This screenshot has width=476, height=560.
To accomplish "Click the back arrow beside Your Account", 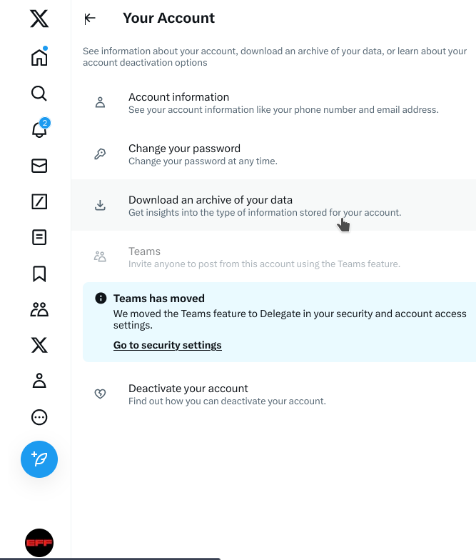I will (x=90, y=19).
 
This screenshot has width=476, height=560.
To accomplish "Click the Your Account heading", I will (x=168, y=19).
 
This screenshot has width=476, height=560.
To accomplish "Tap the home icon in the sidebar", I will (x=39, y=58).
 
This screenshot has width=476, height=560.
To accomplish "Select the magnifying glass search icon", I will (x=39, y=94).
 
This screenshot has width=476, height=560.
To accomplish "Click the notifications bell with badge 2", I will (x=39, y=130).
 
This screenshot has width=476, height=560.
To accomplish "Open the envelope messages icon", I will (x=39, y=166).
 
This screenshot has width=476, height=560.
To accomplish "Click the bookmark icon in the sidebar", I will (x=39, y=274).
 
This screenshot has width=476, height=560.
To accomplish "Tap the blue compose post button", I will (x=39, y=459).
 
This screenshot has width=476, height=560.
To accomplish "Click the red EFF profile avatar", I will (x=39, y=543).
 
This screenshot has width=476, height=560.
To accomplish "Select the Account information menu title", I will (x=178, y=97).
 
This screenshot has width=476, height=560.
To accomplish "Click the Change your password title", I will (x=184, y=149).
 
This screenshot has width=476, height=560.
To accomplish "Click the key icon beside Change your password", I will (x=100, y=154).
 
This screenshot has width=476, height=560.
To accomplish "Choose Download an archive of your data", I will (x=211, y=200).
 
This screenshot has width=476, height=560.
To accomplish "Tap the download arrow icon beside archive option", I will (x=100, y=206).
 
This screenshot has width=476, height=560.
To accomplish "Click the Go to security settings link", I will (x=168, y=345).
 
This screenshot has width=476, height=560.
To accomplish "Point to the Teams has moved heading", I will (x=159, y=299).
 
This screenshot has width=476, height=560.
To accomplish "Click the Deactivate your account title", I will (x=188, y=389).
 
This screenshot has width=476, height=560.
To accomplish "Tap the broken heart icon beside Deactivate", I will (x=100, y=394).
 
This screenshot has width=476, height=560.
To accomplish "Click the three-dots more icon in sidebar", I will (x=39, y=417).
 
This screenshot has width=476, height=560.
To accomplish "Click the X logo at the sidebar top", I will (x=39, y=19).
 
